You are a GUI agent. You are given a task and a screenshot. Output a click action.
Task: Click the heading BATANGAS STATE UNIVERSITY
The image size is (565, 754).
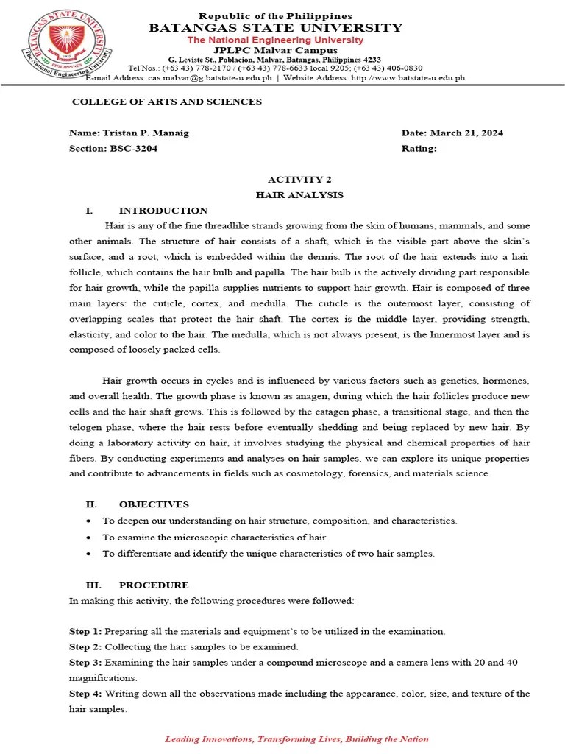point(276,28)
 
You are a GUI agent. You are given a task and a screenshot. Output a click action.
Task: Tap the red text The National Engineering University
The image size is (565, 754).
point(275,40)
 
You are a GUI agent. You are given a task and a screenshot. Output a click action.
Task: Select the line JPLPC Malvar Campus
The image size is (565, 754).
point(275,50)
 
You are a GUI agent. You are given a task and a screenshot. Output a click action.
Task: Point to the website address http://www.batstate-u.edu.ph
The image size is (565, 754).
point(408,77)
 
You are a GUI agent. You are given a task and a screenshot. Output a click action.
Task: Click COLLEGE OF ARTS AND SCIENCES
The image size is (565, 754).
point(166,102)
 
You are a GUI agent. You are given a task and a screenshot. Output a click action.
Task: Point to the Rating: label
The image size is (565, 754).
point(419,148)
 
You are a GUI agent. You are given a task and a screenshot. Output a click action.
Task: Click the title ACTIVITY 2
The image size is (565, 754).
point(295,179)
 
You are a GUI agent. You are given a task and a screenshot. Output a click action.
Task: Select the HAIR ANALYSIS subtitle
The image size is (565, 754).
point(299,195)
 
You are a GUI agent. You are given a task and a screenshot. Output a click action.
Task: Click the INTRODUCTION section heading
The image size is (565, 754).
point(163,211)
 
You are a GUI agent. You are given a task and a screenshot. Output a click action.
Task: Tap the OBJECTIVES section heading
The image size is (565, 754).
point(154,504)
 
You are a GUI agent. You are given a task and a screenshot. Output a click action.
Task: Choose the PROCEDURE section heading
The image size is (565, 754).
point(154,585)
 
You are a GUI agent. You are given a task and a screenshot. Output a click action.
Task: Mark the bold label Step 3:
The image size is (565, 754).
point(86,663)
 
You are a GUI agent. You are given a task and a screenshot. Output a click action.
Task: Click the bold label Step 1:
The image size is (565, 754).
point(86,632)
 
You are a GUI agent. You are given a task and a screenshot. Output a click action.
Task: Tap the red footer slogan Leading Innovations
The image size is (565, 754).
point(296,739)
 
